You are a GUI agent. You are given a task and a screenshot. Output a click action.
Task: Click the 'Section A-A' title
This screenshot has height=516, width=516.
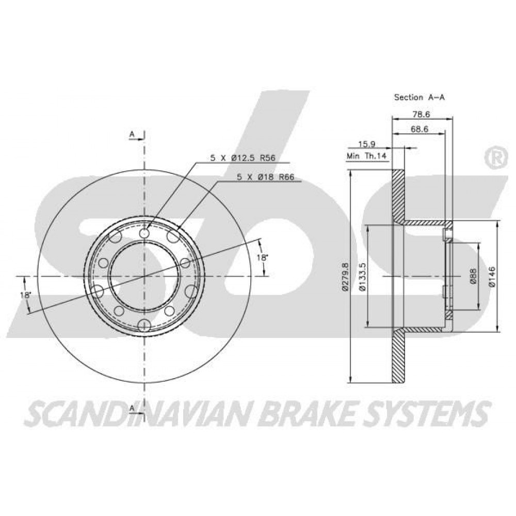[x=420, y=97]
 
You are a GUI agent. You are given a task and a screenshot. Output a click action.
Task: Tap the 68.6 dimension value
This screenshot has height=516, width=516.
[x=419, y=129]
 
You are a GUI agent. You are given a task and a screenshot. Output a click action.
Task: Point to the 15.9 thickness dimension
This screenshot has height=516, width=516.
[x=366, y=144]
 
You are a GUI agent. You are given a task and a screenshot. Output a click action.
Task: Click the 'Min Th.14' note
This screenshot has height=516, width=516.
[x=366, y=156]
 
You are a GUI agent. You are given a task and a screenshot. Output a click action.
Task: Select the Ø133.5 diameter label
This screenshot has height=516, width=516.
[x=363, y=277]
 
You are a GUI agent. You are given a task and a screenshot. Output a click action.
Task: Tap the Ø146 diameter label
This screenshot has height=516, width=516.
[x=492, y=277]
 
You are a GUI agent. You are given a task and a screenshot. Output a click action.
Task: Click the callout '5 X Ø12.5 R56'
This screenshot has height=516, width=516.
[x=243, y=158]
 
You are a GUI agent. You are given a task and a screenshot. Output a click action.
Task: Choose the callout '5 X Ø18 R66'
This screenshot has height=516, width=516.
[x=265, y=176]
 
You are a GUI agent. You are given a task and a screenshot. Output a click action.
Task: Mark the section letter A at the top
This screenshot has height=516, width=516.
[x=132, y=134]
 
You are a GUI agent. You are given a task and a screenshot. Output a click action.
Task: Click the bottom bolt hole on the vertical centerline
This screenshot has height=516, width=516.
[x=144, y=326]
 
